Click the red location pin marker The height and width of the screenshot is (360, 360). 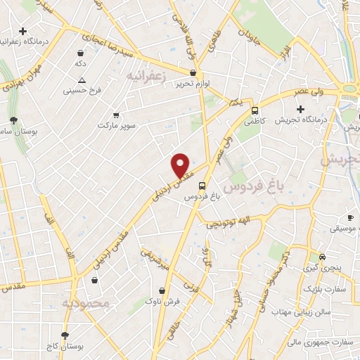tap(181, 165)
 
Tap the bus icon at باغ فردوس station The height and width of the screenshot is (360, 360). tap(202, 186)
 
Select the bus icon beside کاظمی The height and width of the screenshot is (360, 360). tap(255, 110)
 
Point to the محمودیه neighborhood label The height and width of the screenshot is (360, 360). tap(86, 303)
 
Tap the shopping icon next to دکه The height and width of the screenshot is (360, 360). tap(80, 53)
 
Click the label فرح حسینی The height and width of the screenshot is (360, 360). tap(83, 90)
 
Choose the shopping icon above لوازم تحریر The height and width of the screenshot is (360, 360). tap(193, 72)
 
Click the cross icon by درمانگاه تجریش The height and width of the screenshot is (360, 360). tap(301, 109)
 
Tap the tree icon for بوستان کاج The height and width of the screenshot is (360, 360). tap(65, 336)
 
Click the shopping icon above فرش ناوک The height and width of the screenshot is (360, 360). tap(162, 290)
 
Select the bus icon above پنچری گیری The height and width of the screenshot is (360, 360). tap(321, 257)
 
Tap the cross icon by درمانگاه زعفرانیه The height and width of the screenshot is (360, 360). tap(24, 32)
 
